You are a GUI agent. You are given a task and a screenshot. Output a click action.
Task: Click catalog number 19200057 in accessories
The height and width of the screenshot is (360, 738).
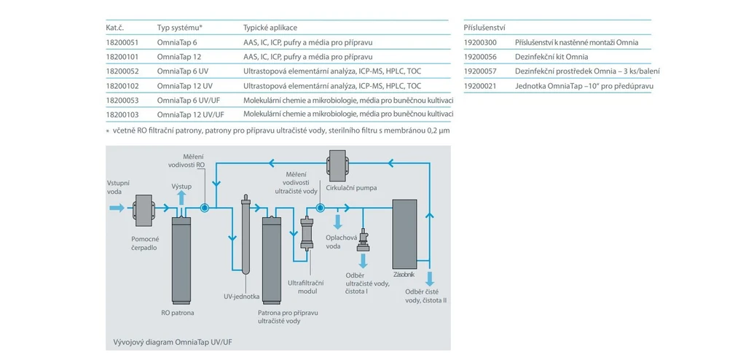[x=480, y=71]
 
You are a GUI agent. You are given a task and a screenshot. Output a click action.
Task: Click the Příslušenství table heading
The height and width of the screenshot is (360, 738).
[x=484, y=28]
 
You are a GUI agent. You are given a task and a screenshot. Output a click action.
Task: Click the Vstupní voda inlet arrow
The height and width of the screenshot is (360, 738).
[x=116, y=208]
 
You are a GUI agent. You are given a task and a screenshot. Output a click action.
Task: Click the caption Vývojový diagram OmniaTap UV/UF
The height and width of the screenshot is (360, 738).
[x=173, y=342]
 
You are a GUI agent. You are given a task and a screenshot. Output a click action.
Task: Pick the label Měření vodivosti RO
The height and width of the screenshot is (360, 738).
[x=195, y=160]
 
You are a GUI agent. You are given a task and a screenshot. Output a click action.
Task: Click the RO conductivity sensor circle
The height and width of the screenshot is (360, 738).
[x=204, y=208]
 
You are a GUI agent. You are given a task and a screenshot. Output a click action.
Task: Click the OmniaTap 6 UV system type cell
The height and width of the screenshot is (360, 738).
[x=183, y=71]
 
